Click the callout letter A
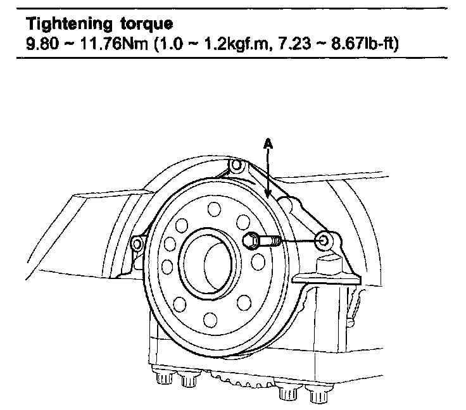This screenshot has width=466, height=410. [268, 145]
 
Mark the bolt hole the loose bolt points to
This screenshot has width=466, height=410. [325, 240]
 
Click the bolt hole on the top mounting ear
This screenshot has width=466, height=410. [236, 166]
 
